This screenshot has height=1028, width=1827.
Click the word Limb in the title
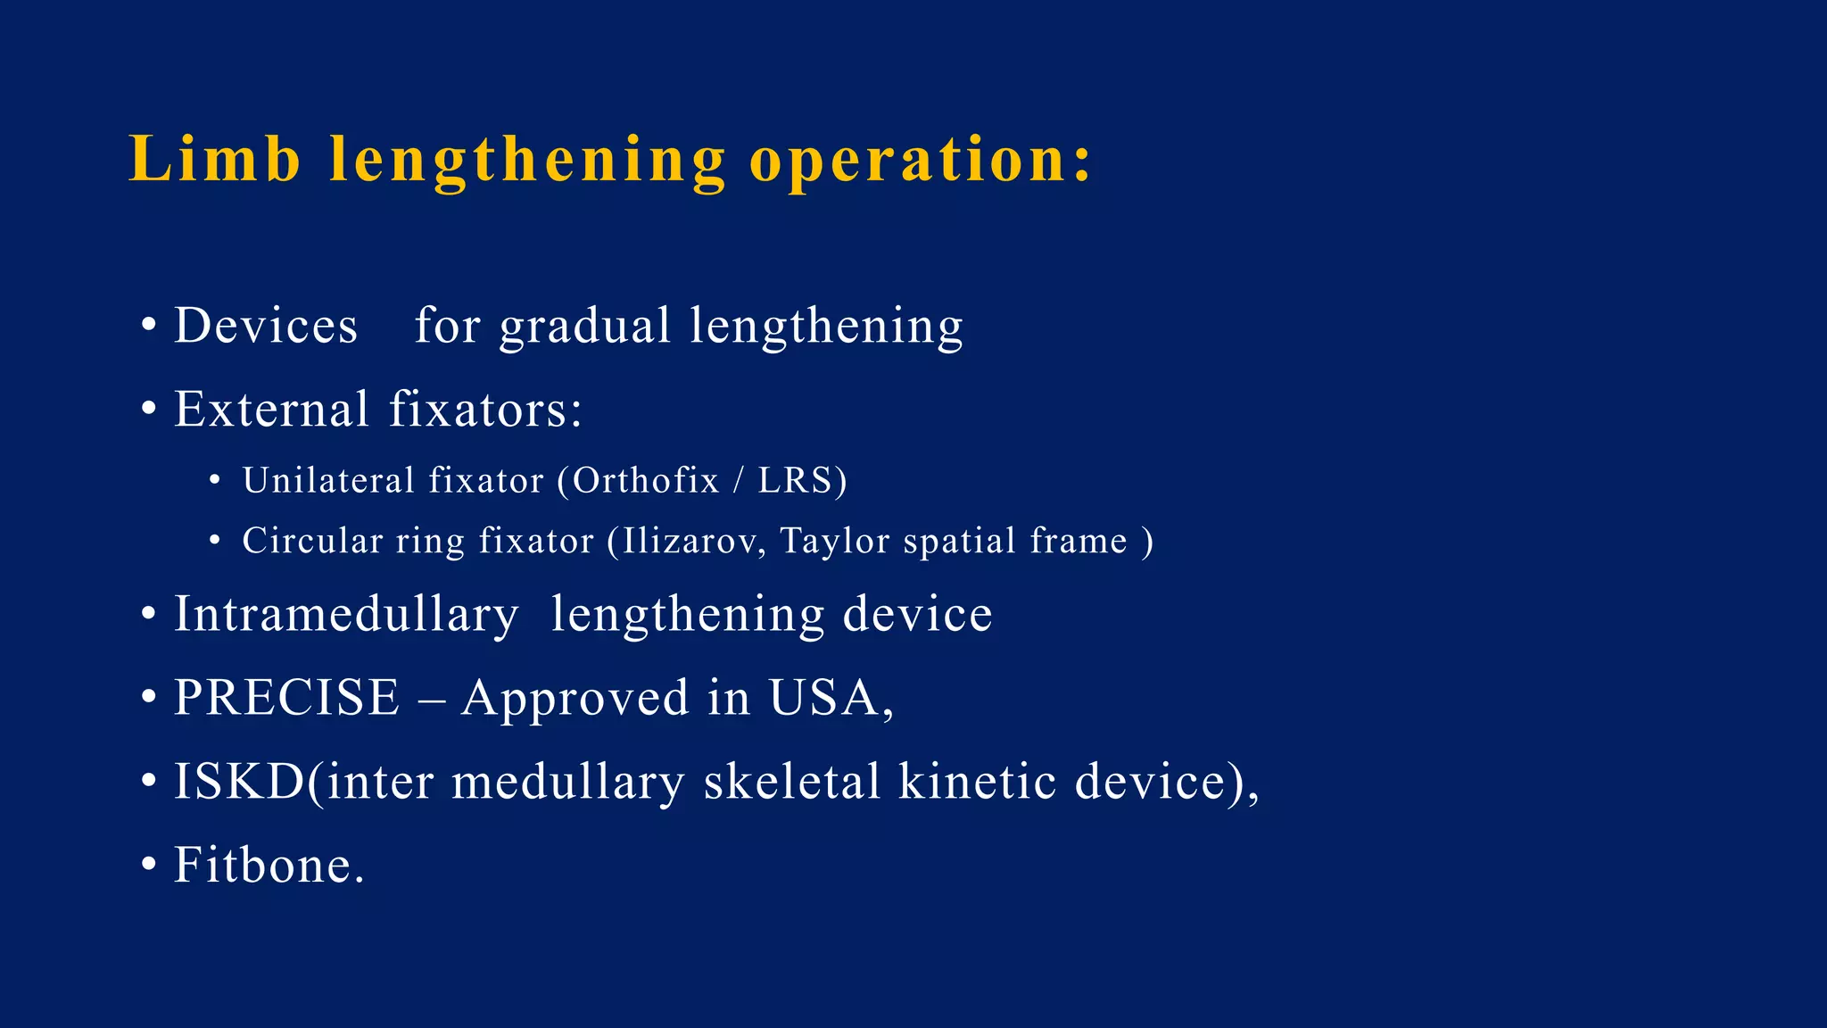tap(214, 160)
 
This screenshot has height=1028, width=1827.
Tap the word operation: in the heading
tap(920, 160)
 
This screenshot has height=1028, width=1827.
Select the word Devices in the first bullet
tap(266, 326)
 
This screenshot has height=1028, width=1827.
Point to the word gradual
tap(584, 326)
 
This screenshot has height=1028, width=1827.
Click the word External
tap(271, 410)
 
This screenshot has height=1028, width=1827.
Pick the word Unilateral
tap(328, 481)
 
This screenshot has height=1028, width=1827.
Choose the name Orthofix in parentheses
tap(645, 481)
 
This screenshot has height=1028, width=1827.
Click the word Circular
tap(312, 541)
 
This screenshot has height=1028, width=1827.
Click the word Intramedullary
tap(346, 615)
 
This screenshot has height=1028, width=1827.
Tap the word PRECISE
tap(286, 698)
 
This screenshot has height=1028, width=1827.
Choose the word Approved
tap(575, 698)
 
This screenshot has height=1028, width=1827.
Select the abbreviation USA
tap(825, 698)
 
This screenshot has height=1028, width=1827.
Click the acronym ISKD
tap(239, 782)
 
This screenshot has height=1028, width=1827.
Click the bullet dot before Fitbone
tap(148, 866)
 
